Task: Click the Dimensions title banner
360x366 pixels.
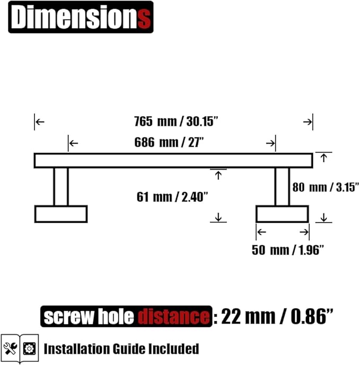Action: pos(81,17)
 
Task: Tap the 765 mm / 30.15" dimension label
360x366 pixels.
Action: pos(176,121)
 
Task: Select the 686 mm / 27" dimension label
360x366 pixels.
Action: pos(169,142)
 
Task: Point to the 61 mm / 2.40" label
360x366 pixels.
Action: pos(172,197)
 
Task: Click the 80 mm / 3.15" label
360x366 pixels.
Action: pos(326,187)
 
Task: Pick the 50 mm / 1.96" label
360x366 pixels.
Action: pos(288,250)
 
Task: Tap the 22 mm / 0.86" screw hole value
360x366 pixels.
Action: pos(277,316)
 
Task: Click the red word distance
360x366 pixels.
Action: pos(173,317)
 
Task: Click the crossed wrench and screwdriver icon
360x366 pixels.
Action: pos(10,348)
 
